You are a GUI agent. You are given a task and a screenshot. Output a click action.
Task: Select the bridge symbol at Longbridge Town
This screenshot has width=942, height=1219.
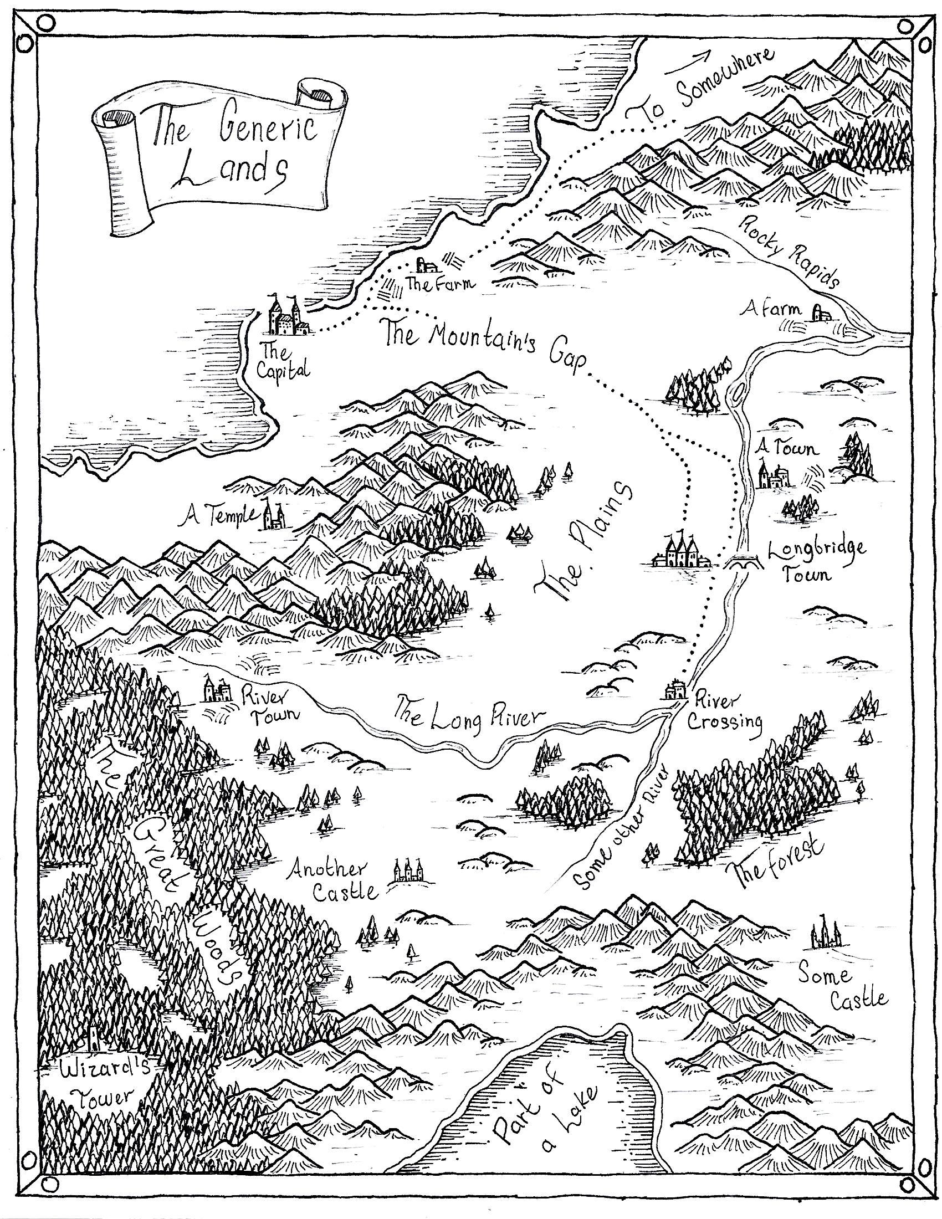coord(741,561)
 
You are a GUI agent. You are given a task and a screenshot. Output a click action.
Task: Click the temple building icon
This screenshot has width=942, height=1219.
coord(273,514)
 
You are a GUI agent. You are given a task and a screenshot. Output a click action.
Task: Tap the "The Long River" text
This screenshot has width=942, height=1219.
coord(469,715)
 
